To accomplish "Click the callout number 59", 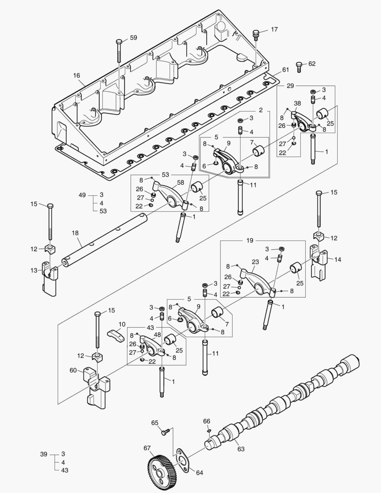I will click(x=133, y=38).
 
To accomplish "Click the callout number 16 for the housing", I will click(x=76, y=75).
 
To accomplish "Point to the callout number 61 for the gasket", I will click(x=285, y=69).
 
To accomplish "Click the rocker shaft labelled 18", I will click(x=105, y=242).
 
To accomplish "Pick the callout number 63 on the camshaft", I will click(x=240, y=449).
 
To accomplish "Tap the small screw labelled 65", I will click(x=166, y=430).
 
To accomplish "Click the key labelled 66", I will click(x=209, y=430).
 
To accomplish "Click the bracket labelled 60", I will click(x=97, y=386).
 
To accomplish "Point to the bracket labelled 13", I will click(x=49, y=277).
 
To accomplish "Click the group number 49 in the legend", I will click(x=82, y=195).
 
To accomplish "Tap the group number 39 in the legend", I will click(x=44, y=454).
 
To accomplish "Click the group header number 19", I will click(x=262, y=240).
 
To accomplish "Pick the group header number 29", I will click(x=291, y=86).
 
